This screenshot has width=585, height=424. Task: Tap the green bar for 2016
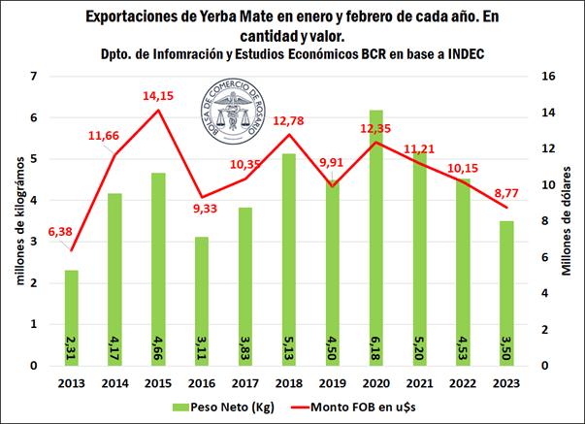tap(200, 301)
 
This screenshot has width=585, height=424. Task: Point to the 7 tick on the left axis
tap(36, 77)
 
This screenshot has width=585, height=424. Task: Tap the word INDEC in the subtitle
tap(452, 54)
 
